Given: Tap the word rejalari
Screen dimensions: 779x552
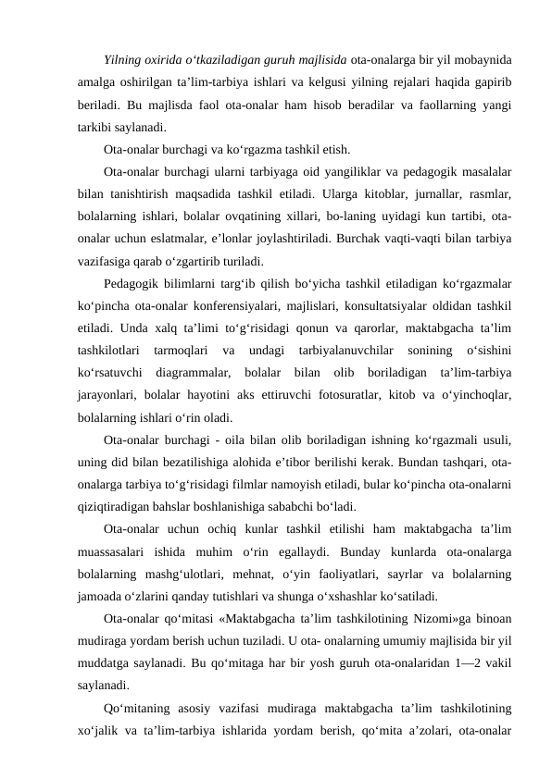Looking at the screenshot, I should click(x=401, y=83).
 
